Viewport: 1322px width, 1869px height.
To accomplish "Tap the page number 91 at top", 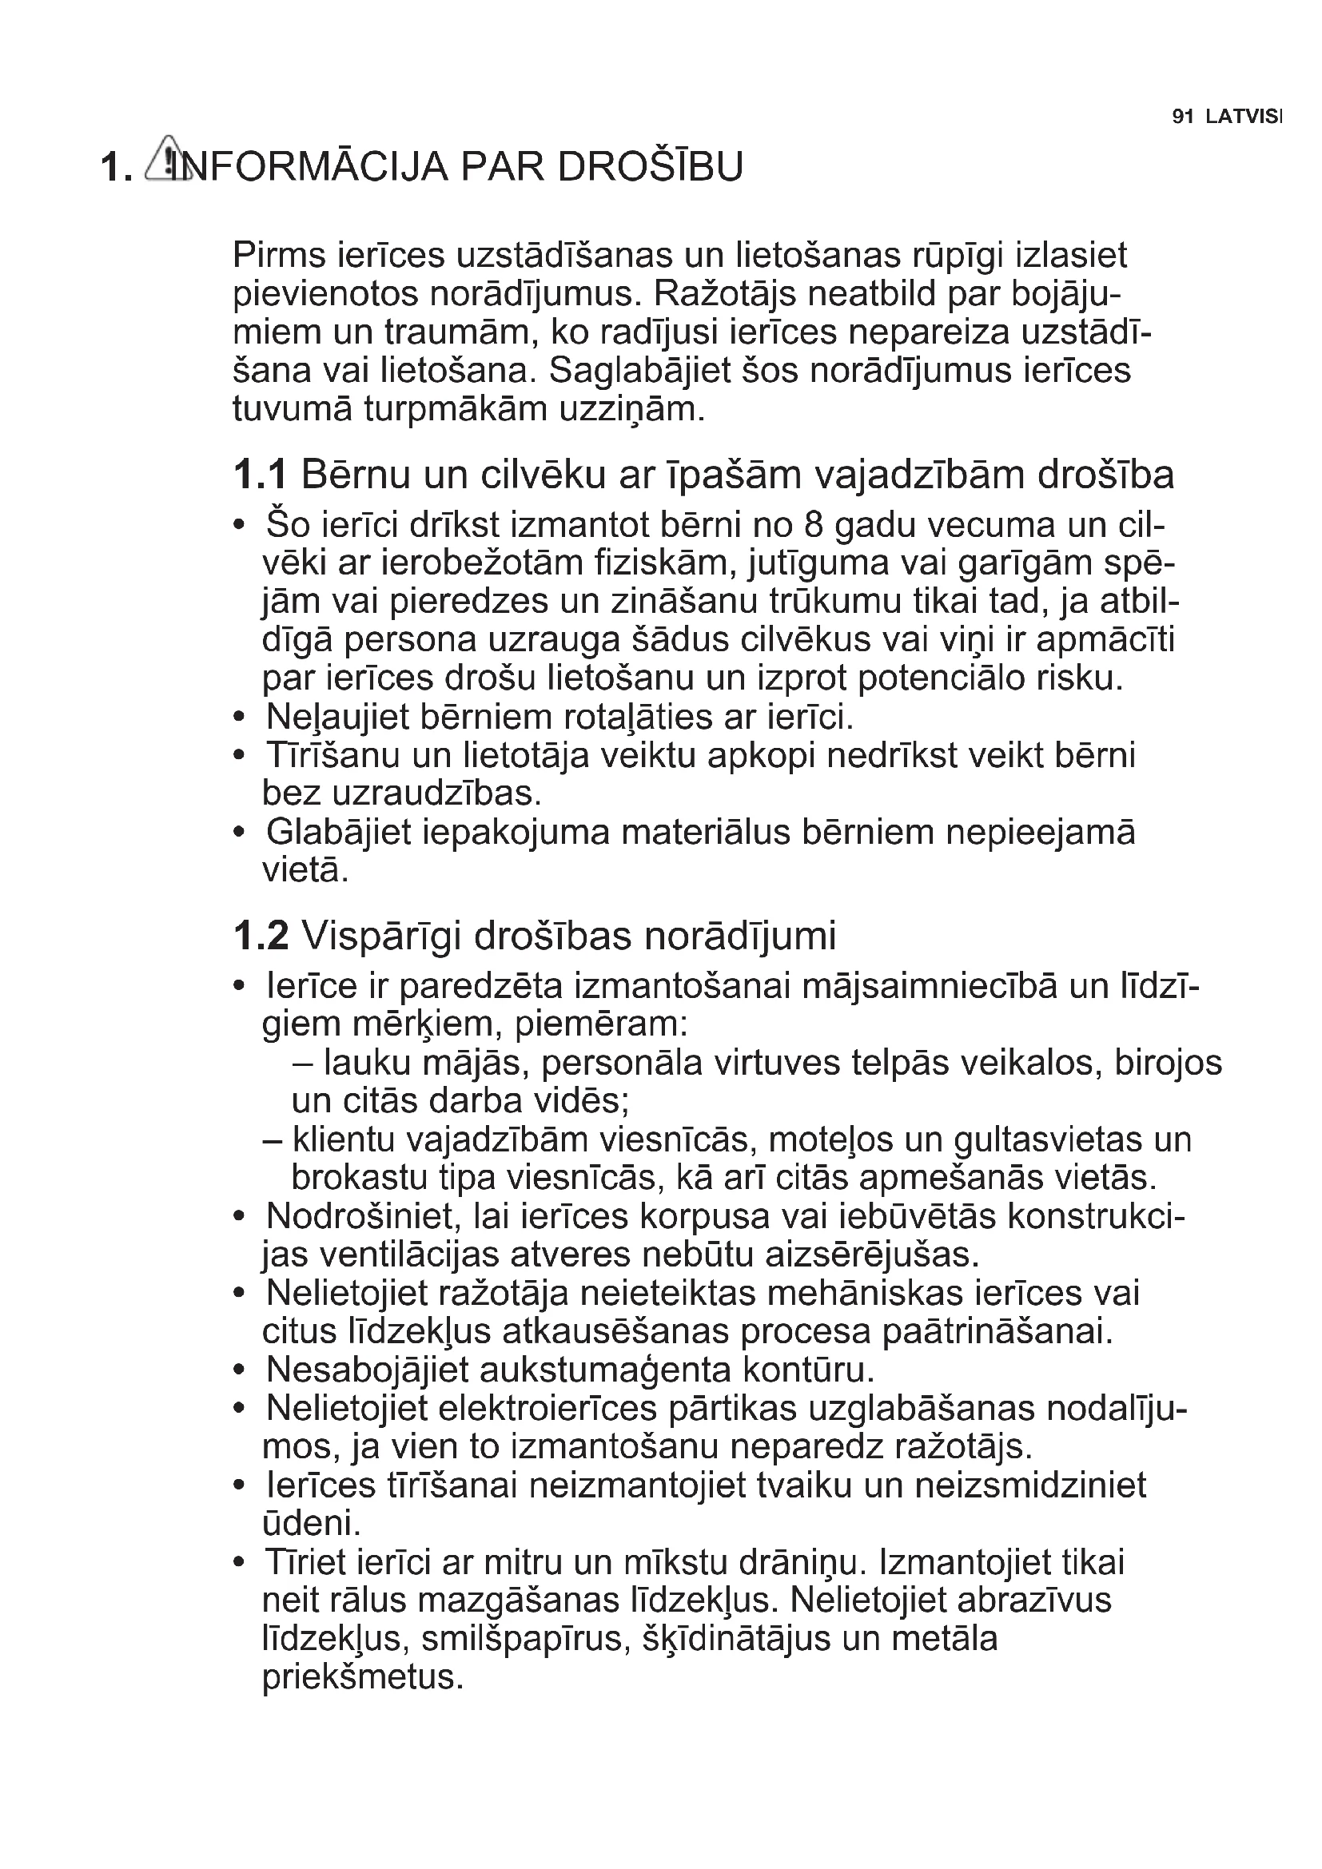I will tap(1182, 117).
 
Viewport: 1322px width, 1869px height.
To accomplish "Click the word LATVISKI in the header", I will tap(1243, 117).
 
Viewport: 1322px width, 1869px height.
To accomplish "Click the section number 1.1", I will tap(260, 475).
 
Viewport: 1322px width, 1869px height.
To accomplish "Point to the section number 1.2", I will tap(261, 936).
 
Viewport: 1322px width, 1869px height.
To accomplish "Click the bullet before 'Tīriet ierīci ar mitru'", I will tap(238, 1563).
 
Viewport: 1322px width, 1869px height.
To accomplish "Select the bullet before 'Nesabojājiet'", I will tap(238, 1371).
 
